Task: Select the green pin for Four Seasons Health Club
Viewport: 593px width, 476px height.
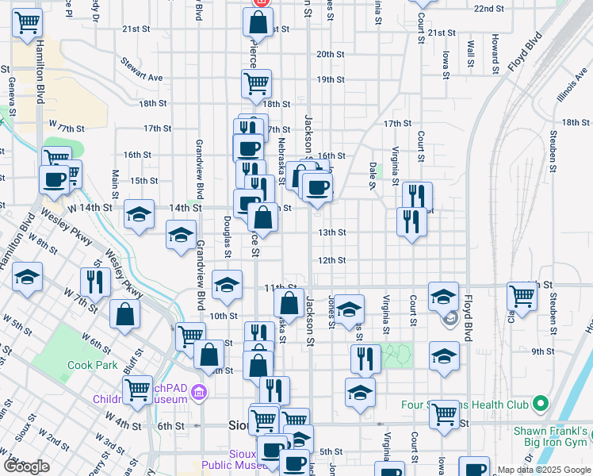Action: (x=541, y=404)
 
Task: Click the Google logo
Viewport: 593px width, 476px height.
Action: (x=26, y=466)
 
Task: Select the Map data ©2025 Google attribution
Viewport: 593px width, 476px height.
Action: (x=545, y=470)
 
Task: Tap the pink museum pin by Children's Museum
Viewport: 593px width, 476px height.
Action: (x=199, y=392)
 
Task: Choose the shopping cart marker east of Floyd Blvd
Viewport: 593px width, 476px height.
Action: (x=522, y=297)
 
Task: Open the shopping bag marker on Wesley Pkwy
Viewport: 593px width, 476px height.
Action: (x=125, y=315)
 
